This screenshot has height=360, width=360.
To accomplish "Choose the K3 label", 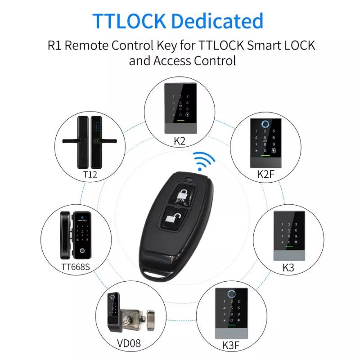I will pyautogui.click(x=288, y=267).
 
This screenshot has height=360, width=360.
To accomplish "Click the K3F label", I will pyautogui.click(x=231, y=346).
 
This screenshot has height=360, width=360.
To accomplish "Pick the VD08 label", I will pyautogui.click(x=129, y=343).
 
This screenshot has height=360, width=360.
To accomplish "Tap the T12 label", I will pyautogui.click(x=90, y=174).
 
